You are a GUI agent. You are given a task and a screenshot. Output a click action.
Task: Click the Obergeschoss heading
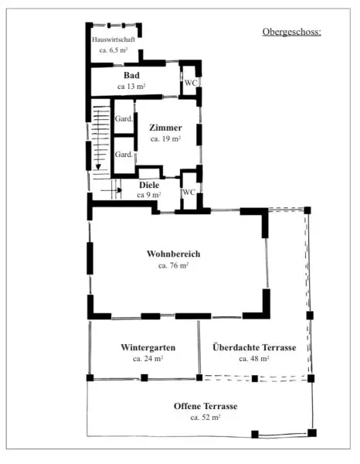[291, 32]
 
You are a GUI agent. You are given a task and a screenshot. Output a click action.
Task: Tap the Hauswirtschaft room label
[114, 39]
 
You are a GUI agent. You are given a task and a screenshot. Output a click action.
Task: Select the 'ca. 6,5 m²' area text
[114, 50]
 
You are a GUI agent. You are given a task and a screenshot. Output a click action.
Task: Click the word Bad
[131, 75]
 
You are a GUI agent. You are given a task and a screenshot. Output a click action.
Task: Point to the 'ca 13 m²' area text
[131, 87]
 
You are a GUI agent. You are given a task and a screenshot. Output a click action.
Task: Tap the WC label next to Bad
[191, 83]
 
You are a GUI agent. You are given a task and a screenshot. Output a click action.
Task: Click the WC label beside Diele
[188, 192]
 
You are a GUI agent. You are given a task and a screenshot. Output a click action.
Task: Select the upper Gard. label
[124, 118]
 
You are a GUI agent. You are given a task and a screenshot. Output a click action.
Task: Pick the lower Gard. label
[124, 154]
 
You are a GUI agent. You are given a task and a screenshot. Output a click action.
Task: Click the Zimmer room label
[165, 128]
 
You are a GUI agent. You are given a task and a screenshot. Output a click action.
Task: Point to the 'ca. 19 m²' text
[165, 138]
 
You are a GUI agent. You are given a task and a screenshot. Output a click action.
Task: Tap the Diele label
[149, 185]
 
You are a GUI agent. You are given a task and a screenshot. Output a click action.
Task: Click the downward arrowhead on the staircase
[98, 167]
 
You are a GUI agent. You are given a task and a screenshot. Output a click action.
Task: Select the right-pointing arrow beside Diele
[111, 190]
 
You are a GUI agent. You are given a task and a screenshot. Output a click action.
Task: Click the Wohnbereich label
[174, 254]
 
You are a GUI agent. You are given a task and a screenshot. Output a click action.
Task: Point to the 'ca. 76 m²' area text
[174, 265]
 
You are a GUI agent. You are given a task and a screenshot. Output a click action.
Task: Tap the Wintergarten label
[148, 347]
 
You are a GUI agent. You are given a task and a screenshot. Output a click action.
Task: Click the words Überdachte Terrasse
[254, 347]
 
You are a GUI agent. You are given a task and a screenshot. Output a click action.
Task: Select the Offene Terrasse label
[205, 406]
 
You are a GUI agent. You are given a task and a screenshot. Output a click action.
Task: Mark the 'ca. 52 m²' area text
[205, 418]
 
